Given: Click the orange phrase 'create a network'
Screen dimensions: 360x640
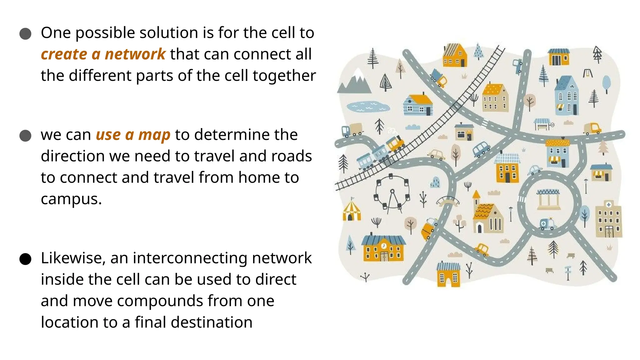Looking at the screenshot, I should (x=103, y=54).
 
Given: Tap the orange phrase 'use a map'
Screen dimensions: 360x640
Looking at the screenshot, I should (x=133, y=135).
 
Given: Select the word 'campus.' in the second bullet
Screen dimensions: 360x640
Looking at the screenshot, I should (x=71, y=199).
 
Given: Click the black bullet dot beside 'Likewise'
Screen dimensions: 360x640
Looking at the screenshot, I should (x=25, y=259).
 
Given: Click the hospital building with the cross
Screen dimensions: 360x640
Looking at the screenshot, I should (x=608, y=219).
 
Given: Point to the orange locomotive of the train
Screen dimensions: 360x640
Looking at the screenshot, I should (x=395, y=143).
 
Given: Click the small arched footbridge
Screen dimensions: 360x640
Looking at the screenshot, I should (x=447, y=200).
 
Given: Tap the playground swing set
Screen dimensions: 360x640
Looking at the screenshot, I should (x=588, y=73).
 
